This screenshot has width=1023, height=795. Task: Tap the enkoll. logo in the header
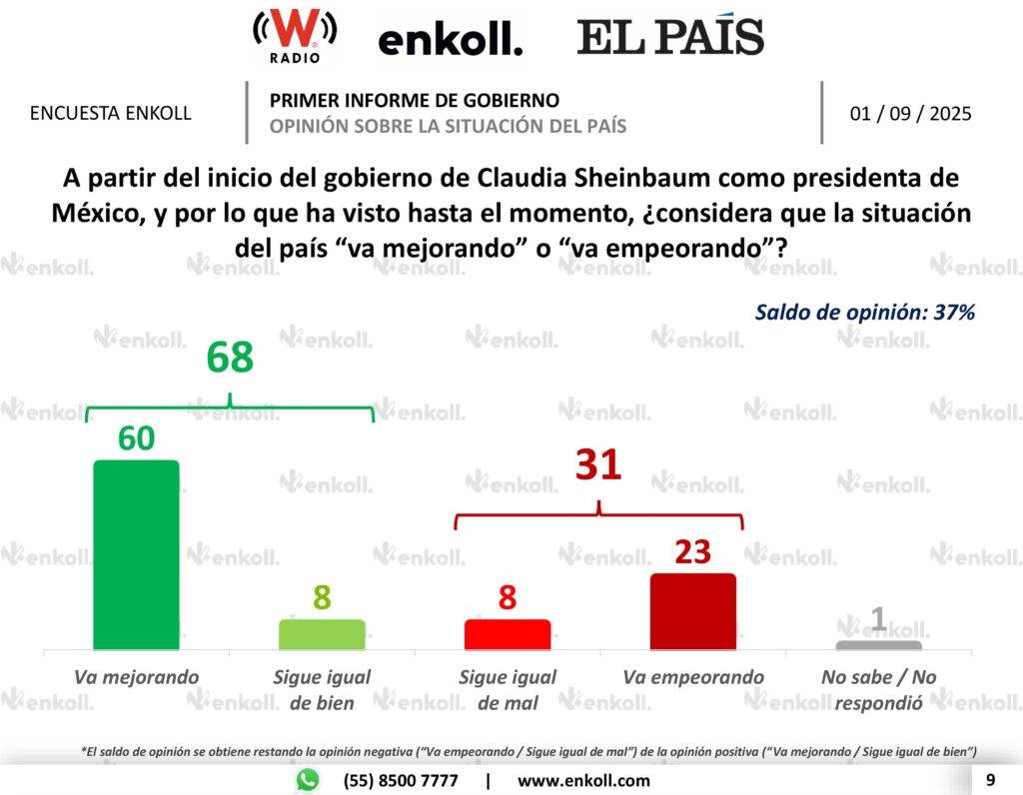450,40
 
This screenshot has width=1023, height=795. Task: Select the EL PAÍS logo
669,37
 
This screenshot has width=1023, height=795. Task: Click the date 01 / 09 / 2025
910,113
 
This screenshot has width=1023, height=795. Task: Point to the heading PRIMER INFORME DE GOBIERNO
415,100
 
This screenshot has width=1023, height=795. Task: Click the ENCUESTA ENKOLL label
111,113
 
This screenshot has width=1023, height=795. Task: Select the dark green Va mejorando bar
136,555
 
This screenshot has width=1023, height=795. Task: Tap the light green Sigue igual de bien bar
322,635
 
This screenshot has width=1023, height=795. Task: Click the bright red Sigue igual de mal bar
508,635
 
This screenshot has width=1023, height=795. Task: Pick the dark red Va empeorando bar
692,612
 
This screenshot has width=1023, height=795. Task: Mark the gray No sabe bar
878,645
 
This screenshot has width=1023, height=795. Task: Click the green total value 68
230,359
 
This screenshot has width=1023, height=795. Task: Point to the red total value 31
598,464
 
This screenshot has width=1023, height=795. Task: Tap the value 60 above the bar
136,438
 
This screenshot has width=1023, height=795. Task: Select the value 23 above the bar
692,552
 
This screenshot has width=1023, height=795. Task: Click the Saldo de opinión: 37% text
864,312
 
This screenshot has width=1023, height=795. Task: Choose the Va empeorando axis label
692,677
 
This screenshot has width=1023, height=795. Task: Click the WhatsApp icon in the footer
307,780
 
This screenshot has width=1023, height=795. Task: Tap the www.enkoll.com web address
583,781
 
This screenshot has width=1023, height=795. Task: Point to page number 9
990,780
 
